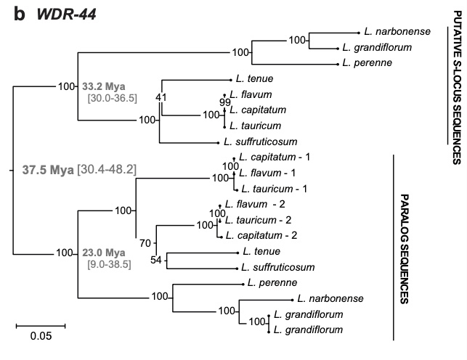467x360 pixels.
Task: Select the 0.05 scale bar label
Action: tap(41, 336)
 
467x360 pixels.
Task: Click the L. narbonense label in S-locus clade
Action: tap(398, 32)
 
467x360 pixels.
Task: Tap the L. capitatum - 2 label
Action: tap(259, 235)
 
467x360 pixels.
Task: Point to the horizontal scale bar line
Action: tap(41, 324)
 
